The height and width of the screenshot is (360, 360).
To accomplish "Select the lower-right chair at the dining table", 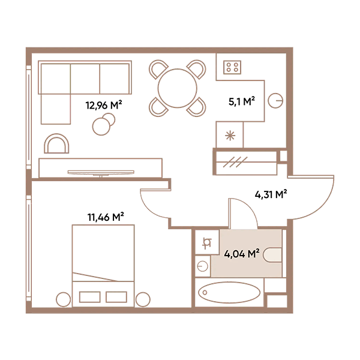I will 196,106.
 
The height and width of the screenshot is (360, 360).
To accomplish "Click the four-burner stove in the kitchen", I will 232,67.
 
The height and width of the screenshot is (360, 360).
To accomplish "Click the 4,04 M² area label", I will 241,254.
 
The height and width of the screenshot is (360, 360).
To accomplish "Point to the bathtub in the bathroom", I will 229,294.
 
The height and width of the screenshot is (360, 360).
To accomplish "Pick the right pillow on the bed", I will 116,296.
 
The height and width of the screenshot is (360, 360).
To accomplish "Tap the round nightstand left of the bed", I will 62,299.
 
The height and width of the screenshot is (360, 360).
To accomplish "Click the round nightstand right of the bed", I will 143,299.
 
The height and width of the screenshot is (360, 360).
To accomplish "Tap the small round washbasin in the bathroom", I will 202,265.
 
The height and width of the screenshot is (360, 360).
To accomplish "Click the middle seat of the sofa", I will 85,78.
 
